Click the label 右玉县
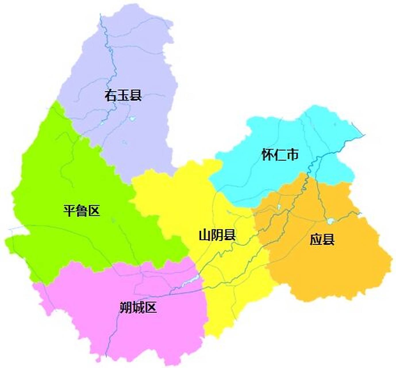[x=123, y=95]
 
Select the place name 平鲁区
[x=82, y=211]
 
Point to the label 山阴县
[x=217, y=235]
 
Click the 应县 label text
[x=322, y=239]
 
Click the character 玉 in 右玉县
[x=123, y=95]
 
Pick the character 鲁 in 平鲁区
[x=82, y=211]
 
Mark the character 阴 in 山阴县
[x=218, y=235]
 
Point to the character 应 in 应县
[x=316, y=239]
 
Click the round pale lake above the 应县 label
[x=330, y=221]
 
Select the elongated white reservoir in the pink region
[x=190, y=281]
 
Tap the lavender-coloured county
[x=138, y=63]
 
